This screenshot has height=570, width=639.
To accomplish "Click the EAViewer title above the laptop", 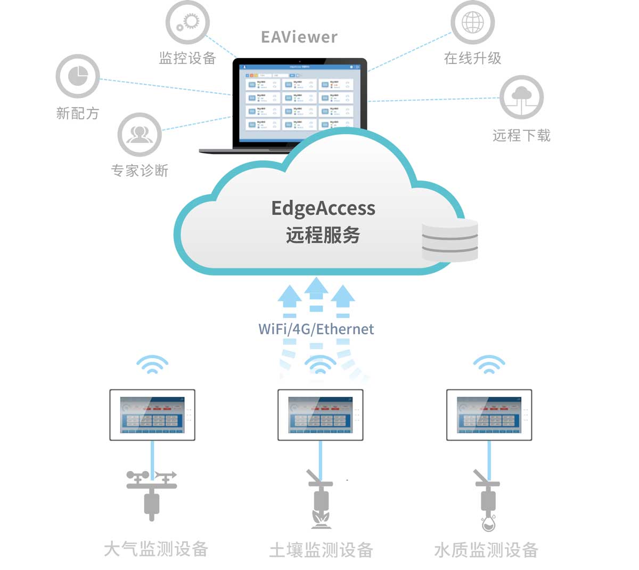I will click(299, 37).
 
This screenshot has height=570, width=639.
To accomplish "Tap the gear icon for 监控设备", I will click(187, 23).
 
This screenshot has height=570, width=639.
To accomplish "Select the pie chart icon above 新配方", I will click(78, 76).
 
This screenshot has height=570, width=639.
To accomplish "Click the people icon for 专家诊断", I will click(140, 134).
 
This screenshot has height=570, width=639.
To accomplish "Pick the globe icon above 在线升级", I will click(472, 23).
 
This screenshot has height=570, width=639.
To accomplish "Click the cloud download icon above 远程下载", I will click(521, 97).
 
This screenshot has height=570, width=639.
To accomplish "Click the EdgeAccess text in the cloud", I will click(323, 208).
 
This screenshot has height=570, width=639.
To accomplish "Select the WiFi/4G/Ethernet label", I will click(316, 329).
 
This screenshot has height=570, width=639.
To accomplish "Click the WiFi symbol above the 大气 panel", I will click(152, 365).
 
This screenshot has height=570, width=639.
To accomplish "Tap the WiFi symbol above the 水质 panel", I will click(489, 365).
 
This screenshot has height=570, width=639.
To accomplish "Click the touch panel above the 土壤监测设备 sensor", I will click(321, 415).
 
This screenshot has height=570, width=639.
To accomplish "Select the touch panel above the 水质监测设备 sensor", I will click(489, 415).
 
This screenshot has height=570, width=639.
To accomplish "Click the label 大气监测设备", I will click(156, 549).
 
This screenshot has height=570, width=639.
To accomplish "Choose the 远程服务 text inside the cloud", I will click(323, 235).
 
